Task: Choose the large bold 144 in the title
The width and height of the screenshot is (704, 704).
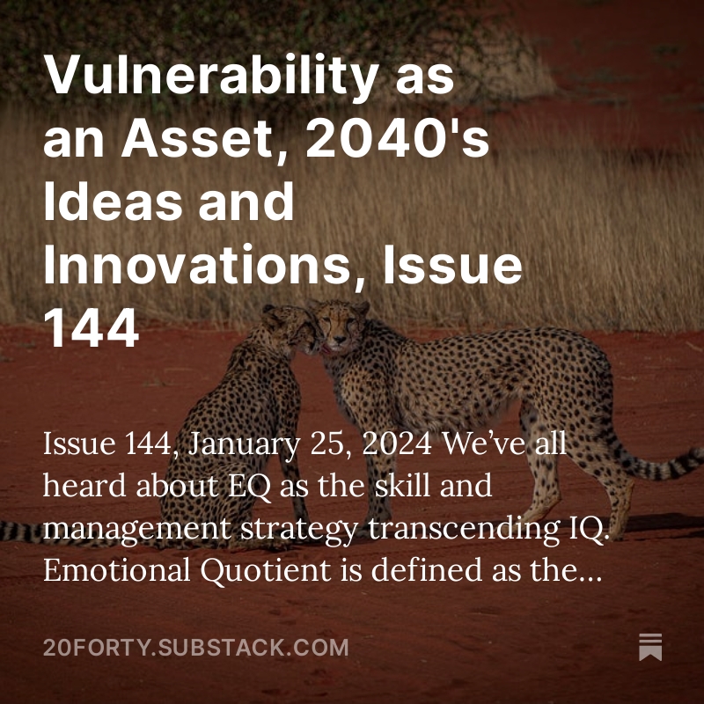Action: (92, 329)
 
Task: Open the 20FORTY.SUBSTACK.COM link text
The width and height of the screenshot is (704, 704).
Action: (195, 649)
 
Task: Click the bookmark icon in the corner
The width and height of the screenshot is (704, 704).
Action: (650, 647)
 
